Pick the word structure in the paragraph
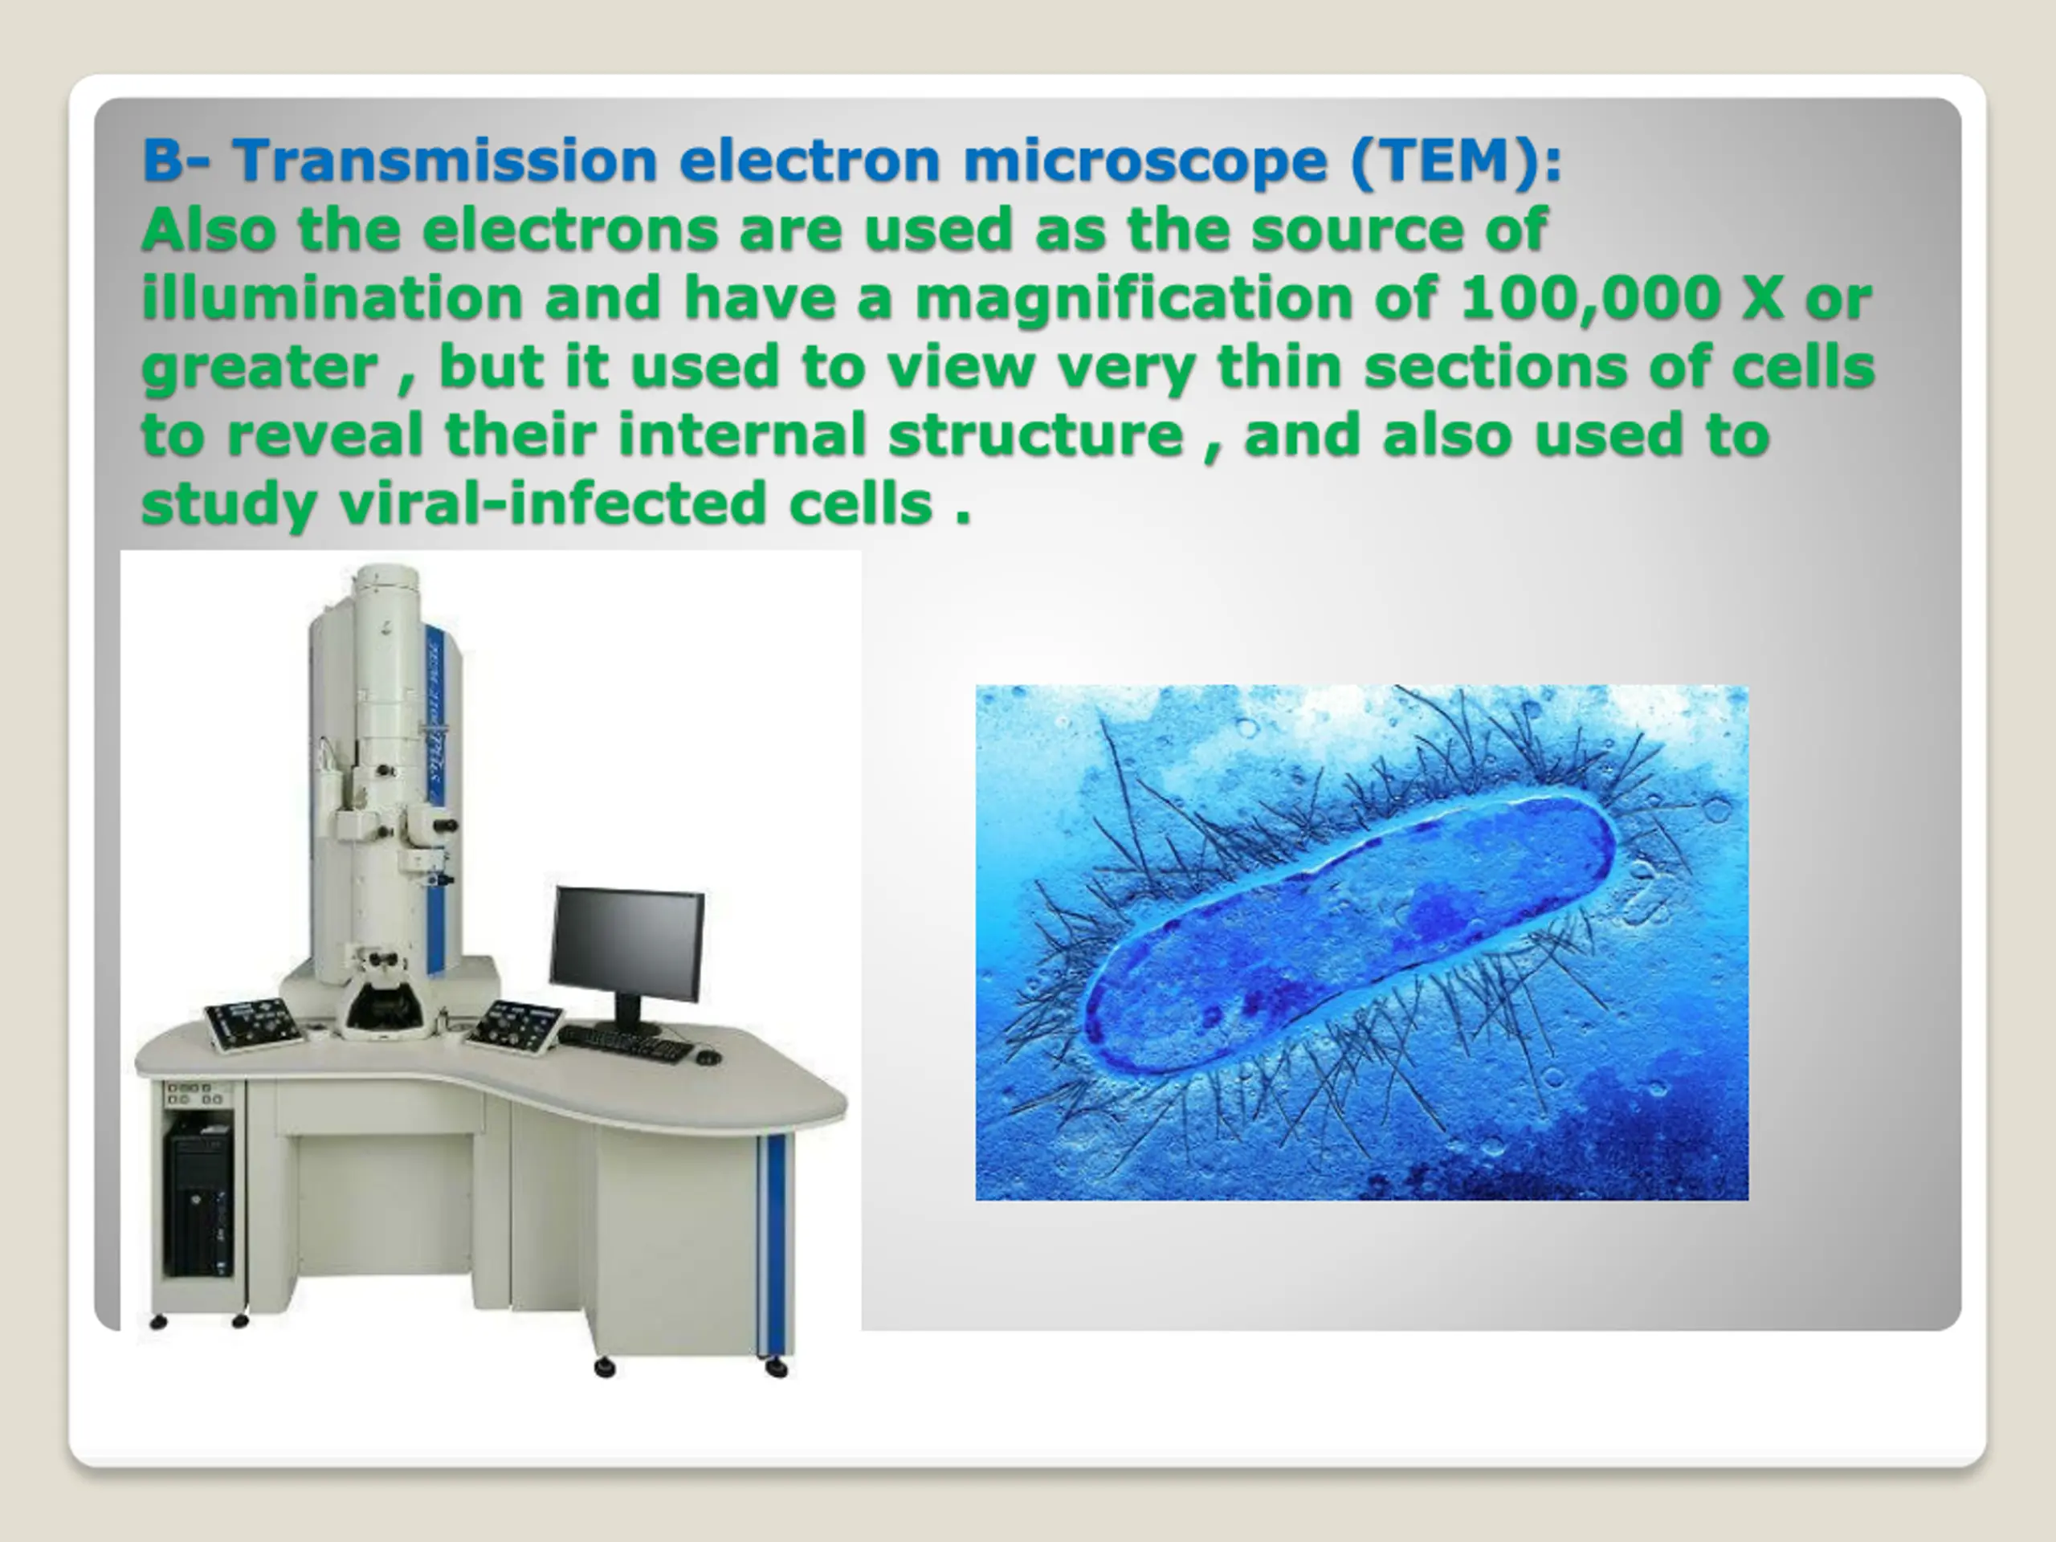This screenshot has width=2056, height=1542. [1035, 435]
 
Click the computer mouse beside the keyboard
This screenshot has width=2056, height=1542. [708, 1057]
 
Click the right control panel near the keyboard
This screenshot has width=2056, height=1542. [514, 1026]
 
